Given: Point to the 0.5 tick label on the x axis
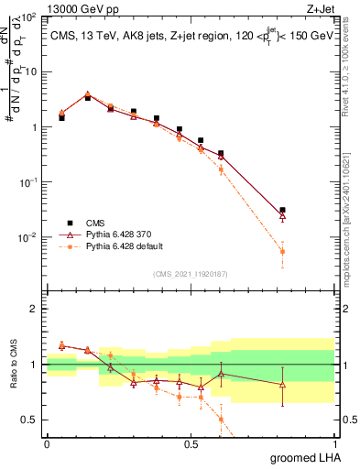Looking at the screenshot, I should [191, 443].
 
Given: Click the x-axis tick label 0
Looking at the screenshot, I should [47, 443].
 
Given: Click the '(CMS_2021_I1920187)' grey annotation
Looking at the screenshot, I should [190, 274].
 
